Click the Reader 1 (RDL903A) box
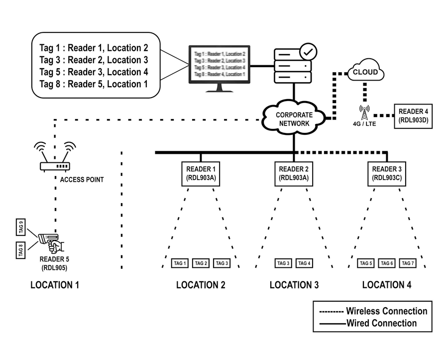click(x=200, y=173)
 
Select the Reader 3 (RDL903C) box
click(x=387, y=173)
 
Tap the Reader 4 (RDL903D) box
click(x=413, y=116)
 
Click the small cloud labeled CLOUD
click(x=365, y=72)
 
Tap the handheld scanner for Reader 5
click(x=50, y=240)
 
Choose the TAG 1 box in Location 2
click(x=180, y=263)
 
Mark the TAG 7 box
click(x=408, y=263)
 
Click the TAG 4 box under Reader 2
click(x=304, y=263)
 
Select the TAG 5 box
click(x=366, y=263)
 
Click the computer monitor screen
click(x=220, y=63)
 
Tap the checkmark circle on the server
click(x=308, y=51)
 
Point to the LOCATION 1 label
click(x=55, y=285)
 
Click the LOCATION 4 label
click(x=387, y=285)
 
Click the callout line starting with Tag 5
click(x=94, y=72)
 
